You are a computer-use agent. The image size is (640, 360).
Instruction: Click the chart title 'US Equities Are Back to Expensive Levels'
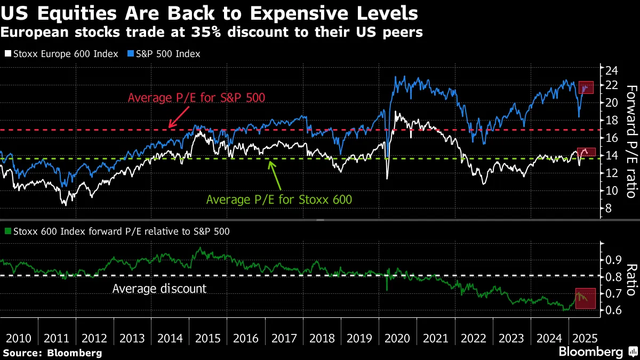point(210,12)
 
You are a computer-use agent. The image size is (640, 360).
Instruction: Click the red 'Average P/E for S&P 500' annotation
point(196,98)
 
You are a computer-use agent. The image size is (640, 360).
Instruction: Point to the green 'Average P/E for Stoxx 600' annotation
point(279,200)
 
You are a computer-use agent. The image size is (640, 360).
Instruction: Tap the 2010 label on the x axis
point(18,338)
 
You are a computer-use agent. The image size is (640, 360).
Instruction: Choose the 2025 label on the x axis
point(584,338)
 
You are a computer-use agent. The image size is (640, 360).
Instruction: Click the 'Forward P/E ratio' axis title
point(630,141)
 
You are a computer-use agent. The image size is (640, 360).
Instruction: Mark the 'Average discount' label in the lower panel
point(159,289)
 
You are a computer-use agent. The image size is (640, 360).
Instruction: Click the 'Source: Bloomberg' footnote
point(52,353)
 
